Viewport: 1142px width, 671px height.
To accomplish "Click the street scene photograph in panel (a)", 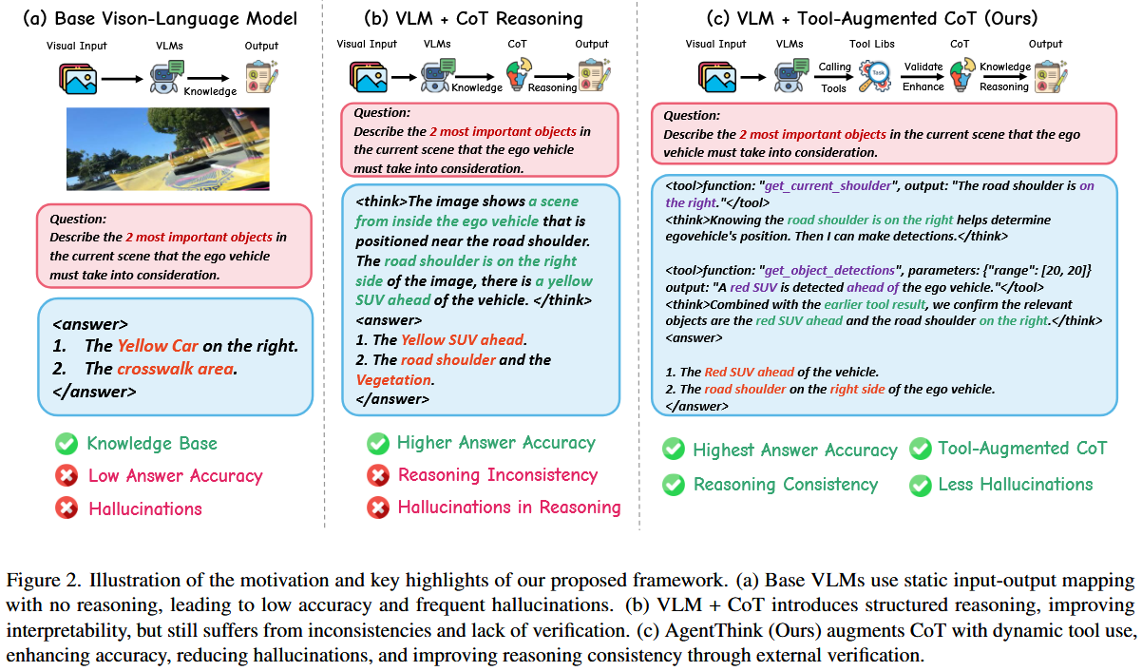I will [x=168, y=149].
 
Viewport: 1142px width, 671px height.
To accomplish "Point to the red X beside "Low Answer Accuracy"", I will [x=67, y=476].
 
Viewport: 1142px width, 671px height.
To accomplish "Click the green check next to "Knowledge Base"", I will [x=67, y=444].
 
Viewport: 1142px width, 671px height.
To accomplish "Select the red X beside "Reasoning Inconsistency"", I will [x=377, y=475].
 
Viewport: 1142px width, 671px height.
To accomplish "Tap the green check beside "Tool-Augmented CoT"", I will [x=919, y=449].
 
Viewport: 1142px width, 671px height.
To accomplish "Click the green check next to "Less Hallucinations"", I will [x=919, y=485].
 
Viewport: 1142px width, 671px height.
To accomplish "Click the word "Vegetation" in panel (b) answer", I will [x=393, y=379].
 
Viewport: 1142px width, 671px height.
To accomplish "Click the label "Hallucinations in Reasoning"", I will [x=508, y=508].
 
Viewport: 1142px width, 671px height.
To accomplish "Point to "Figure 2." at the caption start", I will [x=37, y=580].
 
